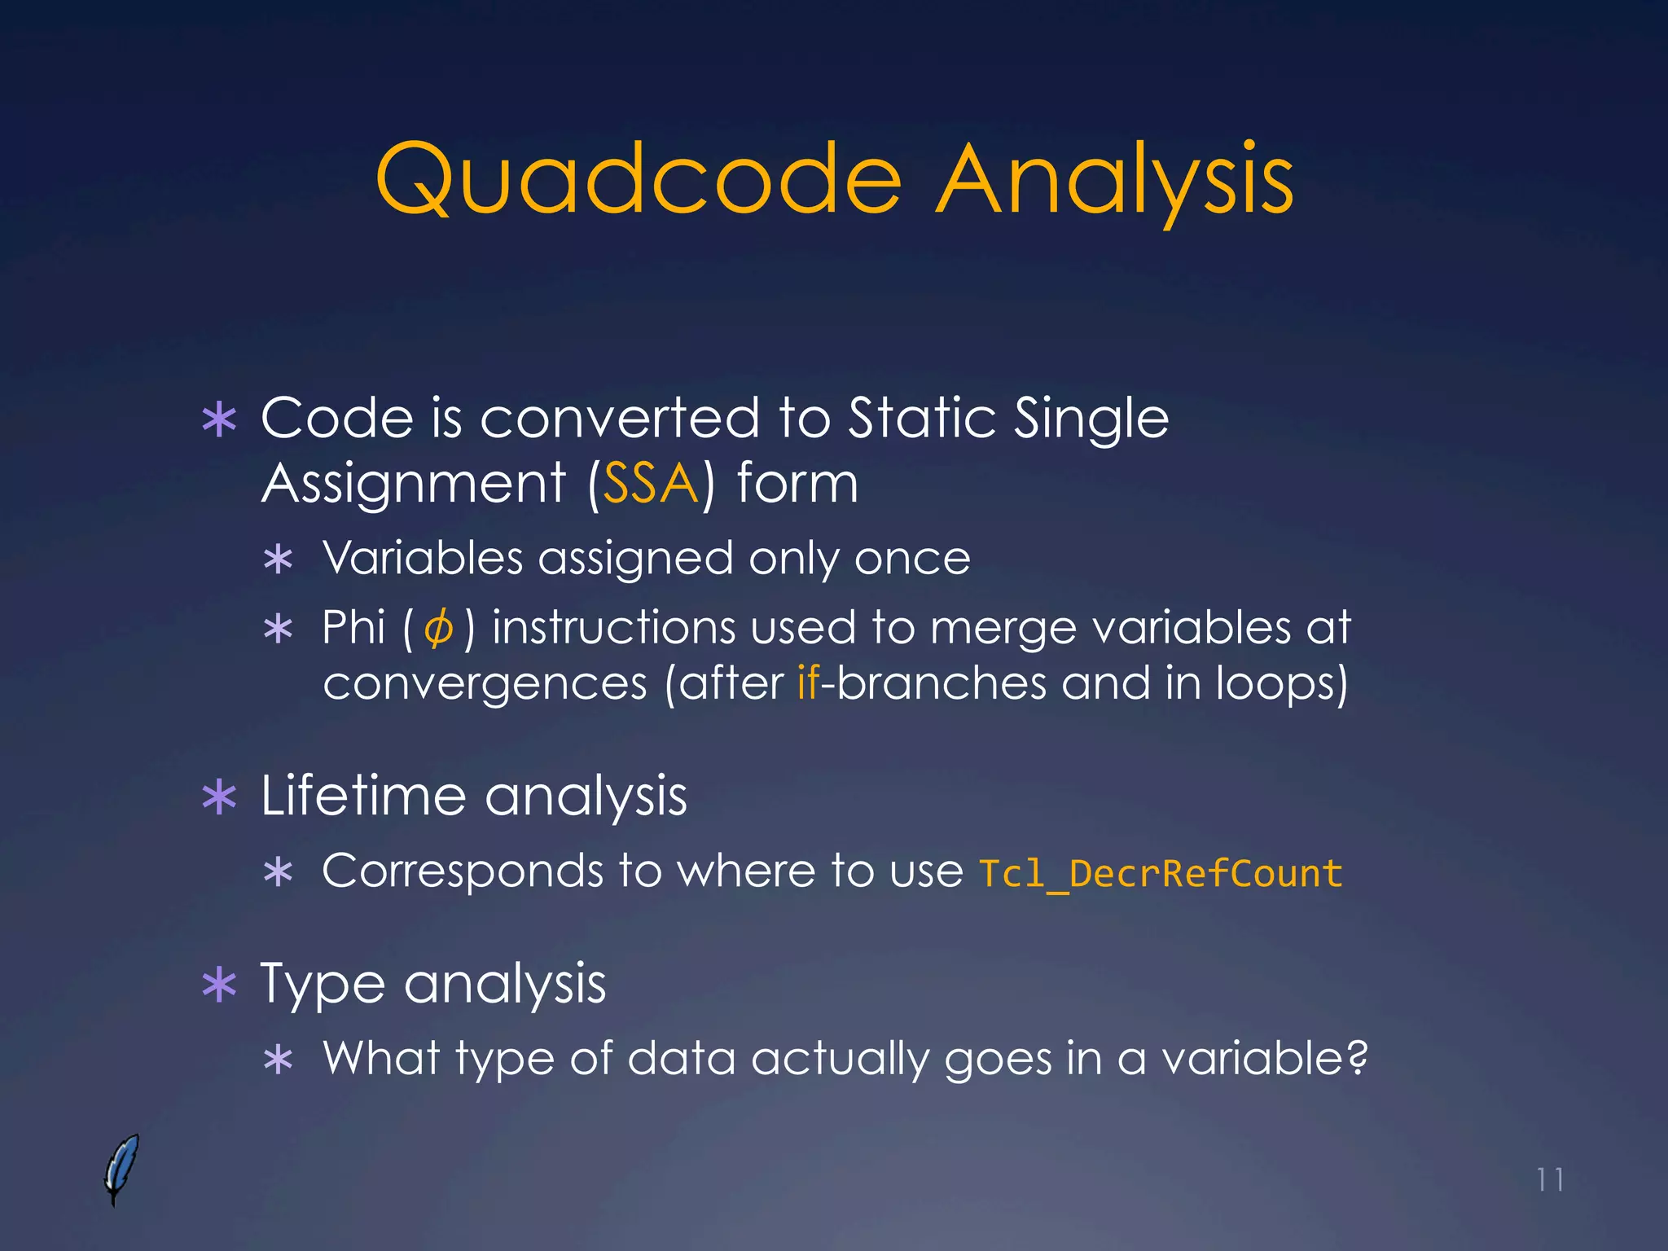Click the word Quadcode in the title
point(638,181)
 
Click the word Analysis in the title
point(1114,181)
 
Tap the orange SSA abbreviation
point(650,484)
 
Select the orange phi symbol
point(439,629)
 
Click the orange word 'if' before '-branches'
point(807,683)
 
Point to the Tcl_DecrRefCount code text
point(1160,873)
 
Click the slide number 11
point(1549,1179)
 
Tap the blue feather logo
point(121,1168)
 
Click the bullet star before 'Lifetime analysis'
point(219,797)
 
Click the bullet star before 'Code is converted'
point(219,420)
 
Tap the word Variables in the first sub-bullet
point(422,559)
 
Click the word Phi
point(353,628)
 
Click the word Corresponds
point(462,871)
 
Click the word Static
point(923,419)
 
